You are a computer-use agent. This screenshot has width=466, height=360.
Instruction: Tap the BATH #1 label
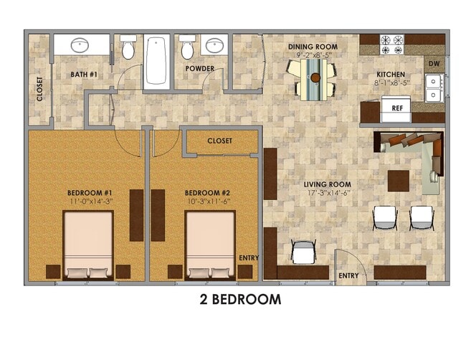[x=85, y=74]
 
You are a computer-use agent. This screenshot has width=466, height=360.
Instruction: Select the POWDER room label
[x=200, y=69]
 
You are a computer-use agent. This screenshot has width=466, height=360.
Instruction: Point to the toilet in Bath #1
[x=128, y=49]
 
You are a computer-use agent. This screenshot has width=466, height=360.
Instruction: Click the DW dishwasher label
[x=434, y=65]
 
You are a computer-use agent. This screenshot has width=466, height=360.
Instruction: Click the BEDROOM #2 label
[x=206, y=193]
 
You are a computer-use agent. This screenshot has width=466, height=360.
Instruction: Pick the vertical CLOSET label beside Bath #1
[x=40, y=89]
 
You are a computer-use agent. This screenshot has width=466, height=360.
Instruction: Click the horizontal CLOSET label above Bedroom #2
[x=219, y=141]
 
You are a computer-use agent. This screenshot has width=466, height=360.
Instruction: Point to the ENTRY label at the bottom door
[x=348, y=276]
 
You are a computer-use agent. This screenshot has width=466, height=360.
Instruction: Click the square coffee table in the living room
[x=399, y=180]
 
